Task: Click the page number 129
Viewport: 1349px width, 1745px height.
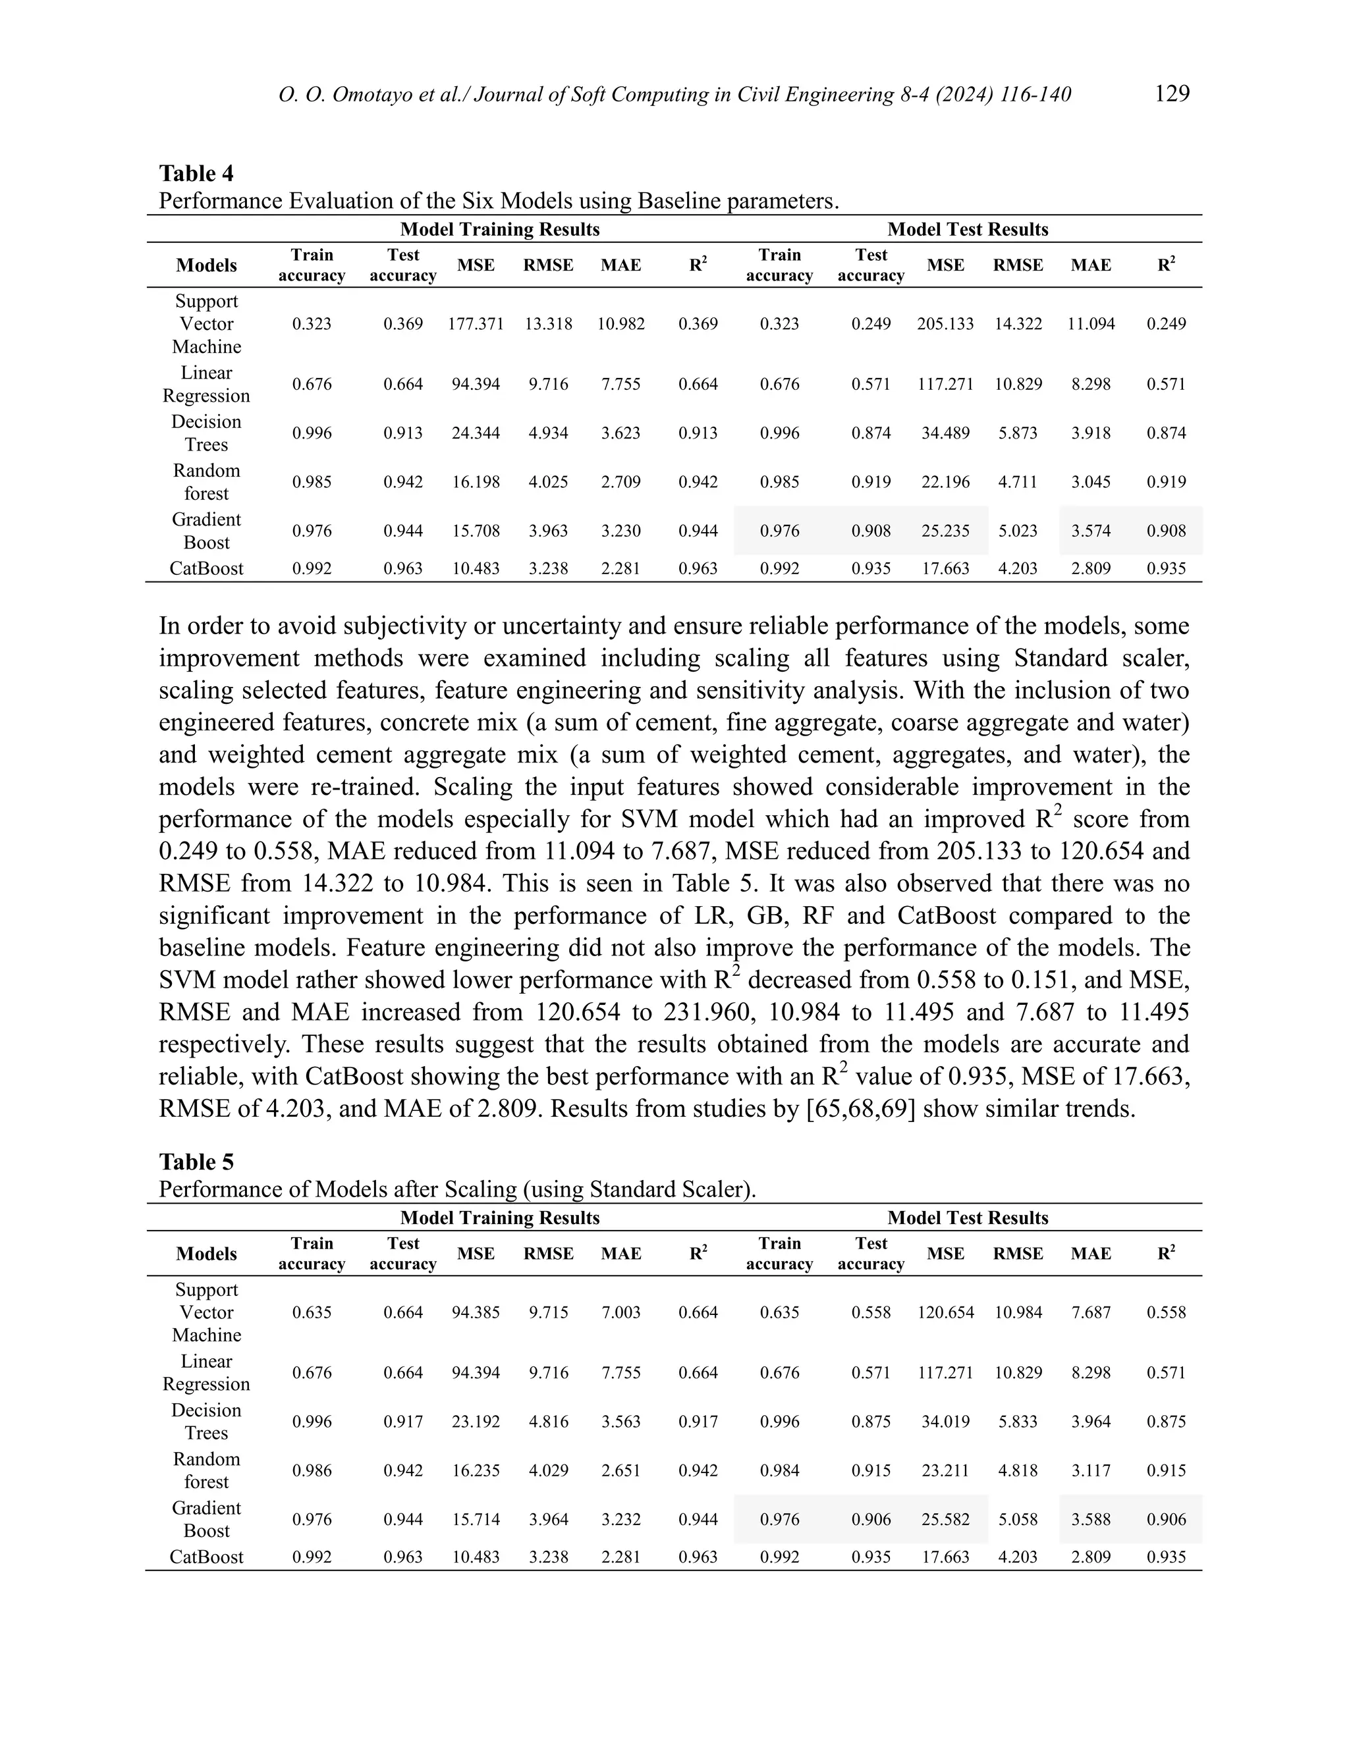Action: (1172, 94)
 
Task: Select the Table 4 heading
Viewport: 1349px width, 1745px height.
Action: (196, 173)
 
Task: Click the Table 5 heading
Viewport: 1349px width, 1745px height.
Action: (196, 1162)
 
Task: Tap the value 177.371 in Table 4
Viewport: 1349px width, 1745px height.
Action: (476, 323)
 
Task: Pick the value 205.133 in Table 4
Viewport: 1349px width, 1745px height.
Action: (945, 323)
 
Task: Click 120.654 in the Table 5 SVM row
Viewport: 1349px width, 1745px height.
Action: (945, 1312)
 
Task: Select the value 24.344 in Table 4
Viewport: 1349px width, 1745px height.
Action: (476, 433)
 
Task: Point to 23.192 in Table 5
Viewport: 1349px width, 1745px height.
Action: (476, 1422)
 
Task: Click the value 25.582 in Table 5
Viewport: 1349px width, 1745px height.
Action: (945, 1519)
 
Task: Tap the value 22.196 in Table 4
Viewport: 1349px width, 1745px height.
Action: (945, 482)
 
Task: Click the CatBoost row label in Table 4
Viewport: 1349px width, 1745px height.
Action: (206, 569)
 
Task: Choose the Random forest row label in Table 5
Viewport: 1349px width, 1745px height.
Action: (206, 1470)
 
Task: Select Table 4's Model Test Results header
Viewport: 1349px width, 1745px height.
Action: (967, 229)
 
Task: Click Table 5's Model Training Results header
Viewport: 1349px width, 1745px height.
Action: (499, 1218)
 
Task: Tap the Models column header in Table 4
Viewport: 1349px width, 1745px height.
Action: (206, 265)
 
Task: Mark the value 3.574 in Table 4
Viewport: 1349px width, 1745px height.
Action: (1090, 531)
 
